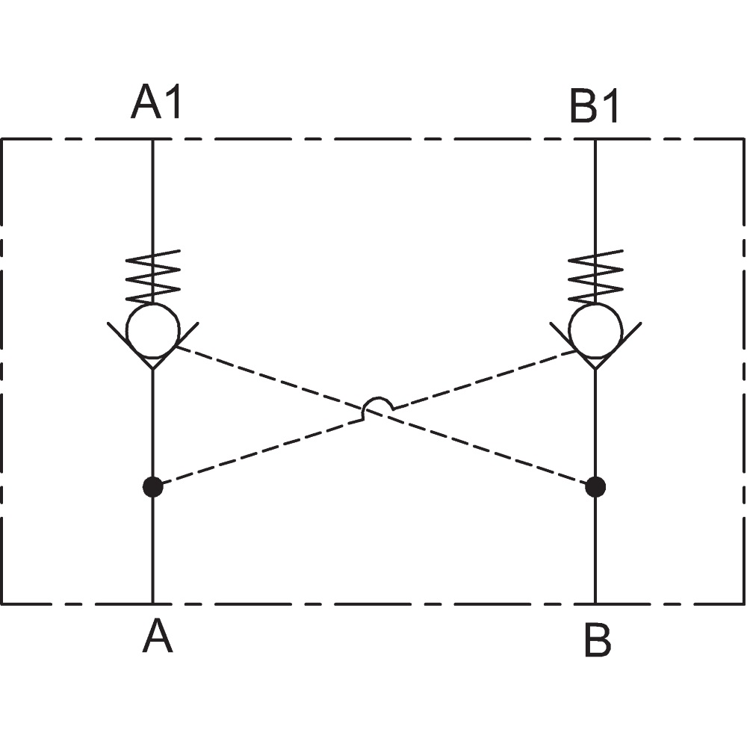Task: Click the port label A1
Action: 156,102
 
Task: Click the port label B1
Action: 595,106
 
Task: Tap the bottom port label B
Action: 598,641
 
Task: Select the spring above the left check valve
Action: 153,276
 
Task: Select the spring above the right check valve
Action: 595,276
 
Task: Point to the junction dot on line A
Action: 153,487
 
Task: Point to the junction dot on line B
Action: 595,487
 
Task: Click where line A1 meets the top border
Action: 153,139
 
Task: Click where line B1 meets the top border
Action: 595,139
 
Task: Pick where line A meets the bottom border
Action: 153,604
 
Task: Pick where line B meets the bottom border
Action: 595,604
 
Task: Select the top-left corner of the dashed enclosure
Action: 2,139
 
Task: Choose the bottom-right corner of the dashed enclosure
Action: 744,604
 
